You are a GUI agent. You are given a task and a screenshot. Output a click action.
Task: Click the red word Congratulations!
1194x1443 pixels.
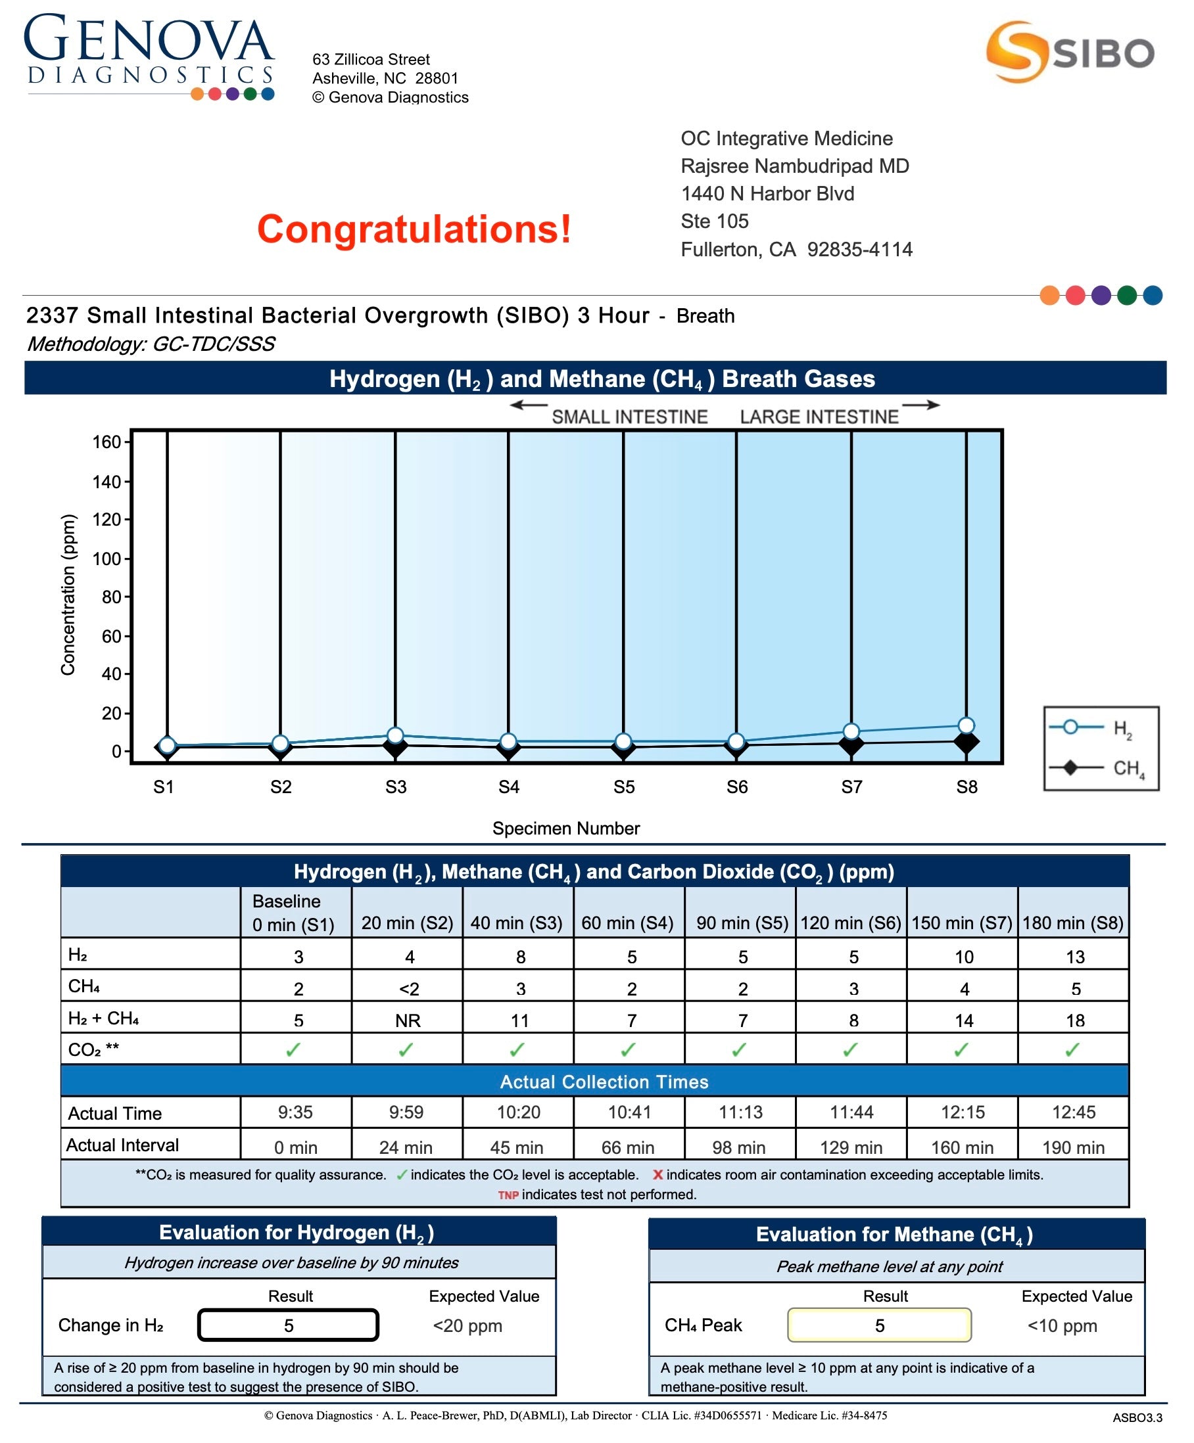[x=414, y=229]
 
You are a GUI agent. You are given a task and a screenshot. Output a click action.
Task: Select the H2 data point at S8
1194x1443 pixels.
[x=966, y=725]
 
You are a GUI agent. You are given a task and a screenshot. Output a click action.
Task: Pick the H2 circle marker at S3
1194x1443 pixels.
[x=395, y=736]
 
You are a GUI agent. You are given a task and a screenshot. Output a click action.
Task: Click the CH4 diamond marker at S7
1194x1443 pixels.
[x=851, y=744]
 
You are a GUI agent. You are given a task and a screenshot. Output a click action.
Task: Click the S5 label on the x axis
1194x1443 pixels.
[x=623, y=787]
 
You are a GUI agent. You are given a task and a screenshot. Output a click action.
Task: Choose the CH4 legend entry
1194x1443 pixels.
[x=1100, y=767]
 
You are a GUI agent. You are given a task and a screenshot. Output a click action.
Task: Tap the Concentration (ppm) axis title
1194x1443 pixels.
[x=67, y=595]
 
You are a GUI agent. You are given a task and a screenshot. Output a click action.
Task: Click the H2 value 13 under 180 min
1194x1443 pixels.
[x=1074, y=957]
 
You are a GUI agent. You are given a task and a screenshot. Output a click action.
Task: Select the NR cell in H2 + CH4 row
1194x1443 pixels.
[x=408, y=1020]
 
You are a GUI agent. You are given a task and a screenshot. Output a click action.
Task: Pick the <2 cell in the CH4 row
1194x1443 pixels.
[x=408, y=989]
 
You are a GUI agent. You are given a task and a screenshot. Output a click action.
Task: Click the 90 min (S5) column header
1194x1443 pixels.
[x=742, y=922]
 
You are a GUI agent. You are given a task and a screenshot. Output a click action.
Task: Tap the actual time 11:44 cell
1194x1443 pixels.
[x=851, y=1112]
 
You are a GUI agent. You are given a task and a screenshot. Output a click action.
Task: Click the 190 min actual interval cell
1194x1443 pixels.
[x=1073, y=1147]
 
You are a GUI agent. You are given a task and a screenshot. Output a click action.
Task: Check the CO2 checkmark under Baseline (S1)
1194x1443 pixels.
[x=293, y=1050]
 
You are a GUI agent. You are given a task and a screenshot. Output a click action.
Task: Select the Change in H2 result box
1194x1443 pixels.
[x=289, y=1325]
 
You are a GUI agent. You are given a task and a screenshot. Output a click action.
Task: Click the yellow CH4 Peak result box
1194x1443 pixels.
[x=879, y=1325]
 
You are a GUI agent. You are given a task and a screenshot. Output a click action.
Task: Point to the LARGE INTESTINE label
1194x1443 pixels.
[x=819, y=417]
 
